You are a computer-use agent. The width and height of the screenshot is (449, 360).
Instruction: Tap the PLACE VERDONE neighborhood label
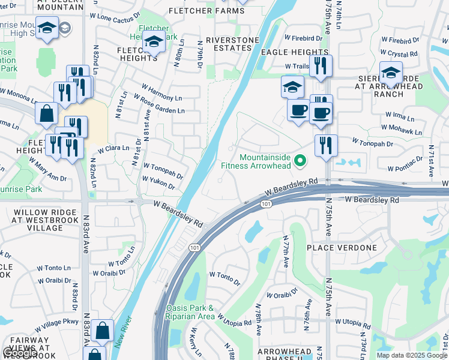(342, 248)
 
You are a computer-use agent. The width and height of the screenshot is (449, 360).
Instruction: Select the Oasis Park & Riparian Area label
(190, 312)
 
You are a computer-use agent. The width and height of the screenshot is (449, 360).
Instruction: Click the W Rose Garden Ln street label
(159, 104)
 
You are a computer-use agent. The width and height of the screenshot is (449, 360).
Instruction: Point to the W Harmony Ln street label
(157, 92)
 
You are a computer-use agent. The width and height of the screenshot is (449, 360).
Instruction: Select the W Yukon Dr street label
(158, 183)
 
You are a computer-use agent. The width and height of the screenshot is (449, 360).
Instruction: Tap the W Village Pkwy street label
(56, 325)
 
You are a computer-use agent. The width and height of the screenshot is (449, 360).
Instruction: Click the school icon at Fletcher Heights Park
(154, 43)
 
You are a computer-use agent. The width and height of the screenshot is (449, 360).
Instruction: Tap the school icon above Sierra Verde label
(391, 73)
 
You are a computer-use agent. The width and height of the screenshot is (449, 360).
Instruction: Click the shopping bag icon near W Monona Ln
(46, 113)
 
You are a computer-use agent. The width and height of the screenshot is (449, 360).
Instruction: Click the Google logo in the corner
(20, 353)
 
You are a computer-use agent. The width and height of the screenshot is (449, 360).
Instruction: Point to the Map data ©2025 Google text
(411, 355)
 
